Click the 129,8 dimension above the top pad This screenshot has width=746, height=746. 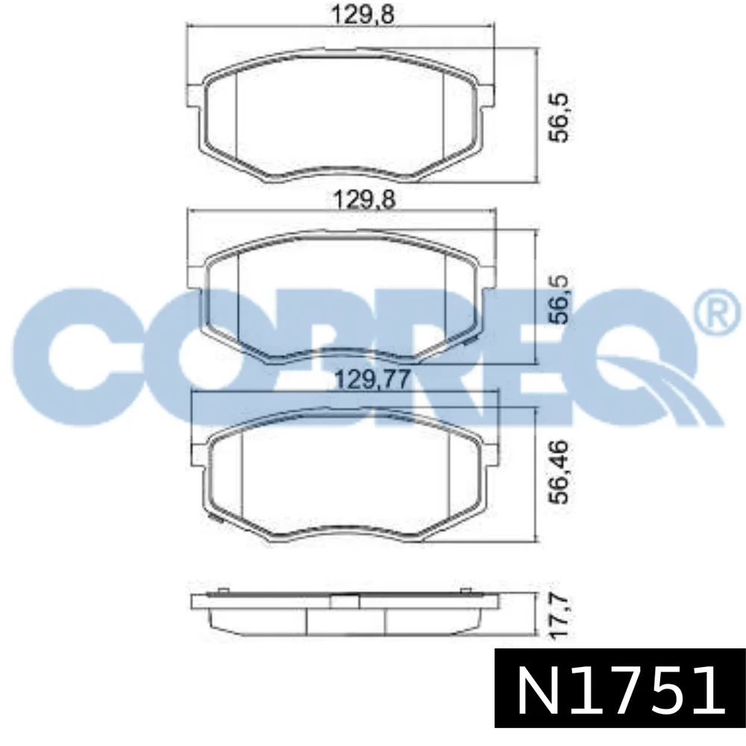point(362,15)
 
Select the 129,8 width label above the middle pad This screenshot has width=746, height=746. point(364,199)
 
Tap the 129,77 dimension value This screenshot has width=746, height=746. point(372,380)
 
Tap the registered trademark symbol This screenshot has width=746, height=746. point(719,312)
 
